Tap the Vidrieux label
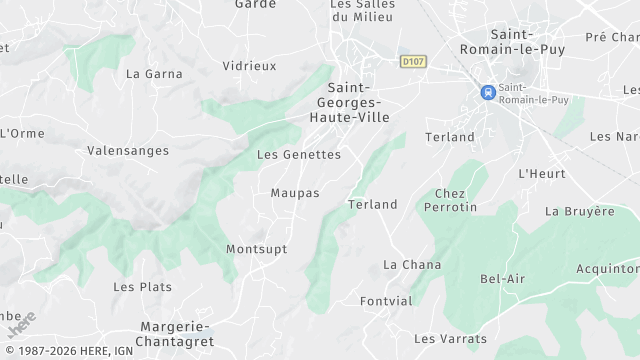[x=249, y=66]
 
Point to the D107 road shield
[x=412, y=62]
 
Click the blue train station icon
[x=487, y=92]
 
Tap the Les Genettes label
[x=299, y=155]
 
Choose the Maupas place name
[x=295, y=192]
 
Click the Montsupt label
[x=257, y=249]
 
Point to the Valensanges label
[x=128, y=151]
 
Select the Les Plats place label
[x=142, y=287]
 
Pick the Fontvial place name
[x=386, y=301]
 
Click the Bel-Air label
[x=503, y=279]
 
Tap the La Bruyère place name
[x=580, y=212]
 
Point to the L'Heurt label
[x=542, y=174]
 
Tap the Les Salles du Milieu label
[x=362, y=10]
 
